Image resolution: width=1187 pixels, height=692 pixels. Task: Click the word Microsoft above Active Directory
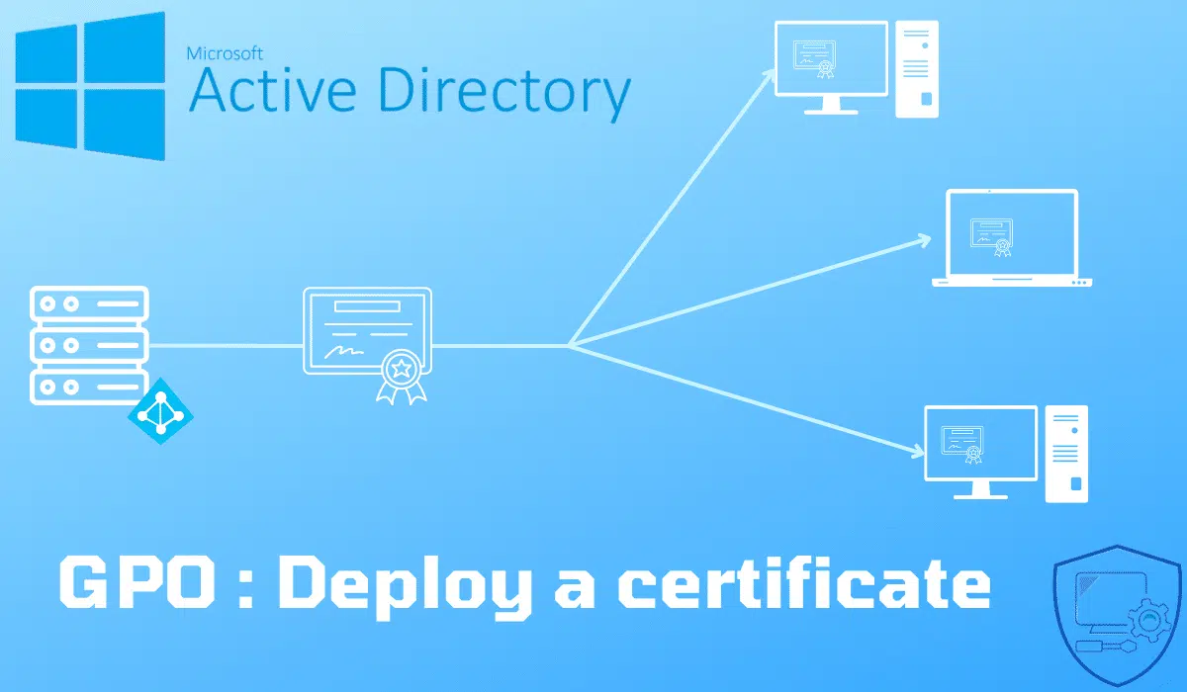coord(225,53)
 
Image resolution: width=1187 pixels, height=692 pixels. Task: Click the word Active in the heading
coord(272,90)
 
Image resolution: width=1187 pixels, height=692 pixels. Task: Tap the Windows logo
coord(90,86)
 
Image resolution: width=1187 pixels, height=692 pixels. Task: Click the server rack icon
coord(89,345)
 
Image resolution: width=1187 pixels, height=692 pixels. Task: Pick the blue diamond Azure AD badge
coord(160,411)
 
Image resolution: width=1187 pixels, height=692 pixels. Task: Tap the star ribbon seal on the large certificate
coord(402,377)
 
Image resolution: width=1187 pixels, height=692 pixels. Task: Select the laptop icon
coord(1012,237)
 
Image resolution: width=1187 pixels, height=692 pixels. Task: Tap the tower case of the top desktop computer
coord(917,69)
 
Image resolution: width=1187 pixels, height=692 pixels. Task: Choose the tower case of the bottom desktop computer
coord(1066,454)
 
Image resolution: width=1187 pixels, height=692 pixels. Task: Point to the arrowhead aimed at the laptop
coord(923,241)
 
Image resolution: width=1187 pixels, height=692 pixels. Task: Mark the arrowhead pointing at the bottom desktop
coord(917,451)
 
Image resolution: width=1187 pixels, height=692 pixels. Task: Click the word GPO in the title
coord(137,582)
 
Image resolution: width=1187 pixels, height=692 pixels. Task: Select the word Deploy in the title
coord(406,587)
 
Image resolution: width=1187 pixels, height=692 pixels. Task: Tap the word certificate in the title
coord(804,581)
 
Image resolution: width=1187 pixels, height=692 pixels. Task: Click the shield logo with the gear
coord(1117,614)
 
